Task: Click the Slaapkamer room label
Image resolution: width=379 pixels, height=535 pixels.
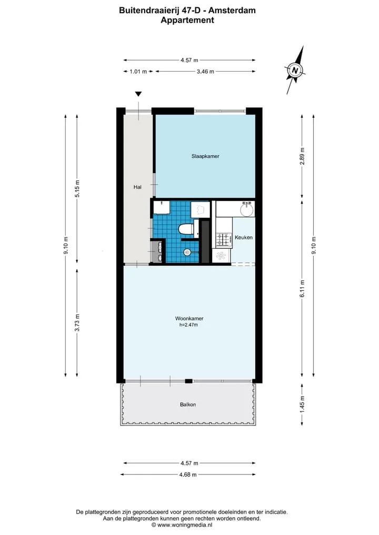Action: (x=205, y=156)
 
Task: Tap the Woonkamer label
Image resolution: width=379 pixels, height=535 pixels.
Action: (x=189, y=318)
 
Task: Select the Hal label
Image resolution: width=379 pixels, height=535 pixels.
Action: (x=137, y=187)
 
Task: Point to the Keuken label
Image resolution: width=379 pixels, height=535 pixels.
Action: (x=243, y=237)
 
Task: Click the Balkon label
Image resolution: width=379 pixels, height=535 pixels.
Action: (x=188, y=405)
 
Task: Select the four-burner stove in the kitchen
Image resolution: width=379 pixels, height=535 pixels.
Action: (x=223, y=239)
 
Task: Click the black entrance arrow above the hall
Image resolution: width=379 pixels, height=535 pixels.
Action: (x=138, y=94)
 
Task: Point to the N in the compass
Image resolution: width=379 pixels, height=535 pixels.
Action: (x=295, y=70)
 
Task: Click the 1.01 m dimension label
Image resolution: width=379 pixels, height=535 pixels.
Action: (x=138, y=72)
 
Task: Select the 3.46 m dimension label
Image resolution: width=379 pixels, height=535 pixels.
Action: (x=205, y=72)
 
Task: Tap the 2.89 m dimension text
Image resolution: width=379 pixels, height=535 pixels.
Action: (x=302, y=156)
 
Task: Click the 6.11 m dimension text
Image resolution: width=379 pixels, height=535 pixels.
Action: (x=302, y=289)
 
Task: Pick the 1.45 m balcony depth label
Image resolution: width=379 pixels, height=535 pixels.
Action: (x=302, y=405)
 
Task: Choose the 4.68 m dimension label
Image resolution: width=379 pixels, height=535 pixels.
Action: (x=188, y=475)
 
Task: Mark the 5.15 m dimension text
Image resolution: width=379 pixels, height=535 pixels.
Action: (x=77, y=189)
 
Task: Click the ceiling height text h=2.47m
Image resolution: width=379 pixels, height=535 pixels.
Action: (x=188, y=325)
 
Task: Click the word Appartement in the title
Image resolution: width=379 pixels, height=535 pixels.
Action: (x=187, y=20)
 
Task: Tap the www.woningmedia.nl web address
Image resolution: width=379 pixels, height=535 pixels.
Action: (x=185, y=525)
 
